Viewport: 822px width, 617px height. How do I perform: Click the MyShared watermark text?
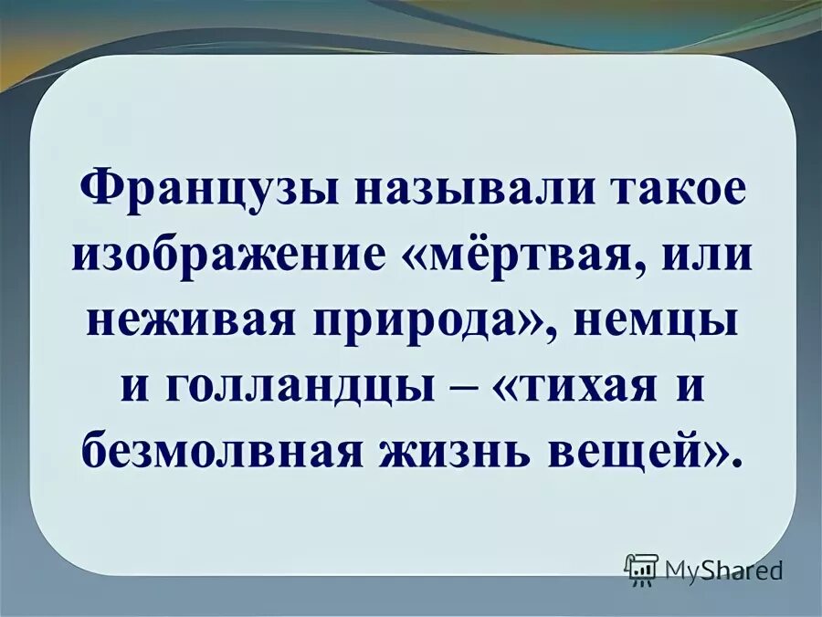click(x=723, y=570)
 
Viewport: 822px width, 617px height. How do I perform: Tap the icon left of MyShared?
click(x=641, y=569)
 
